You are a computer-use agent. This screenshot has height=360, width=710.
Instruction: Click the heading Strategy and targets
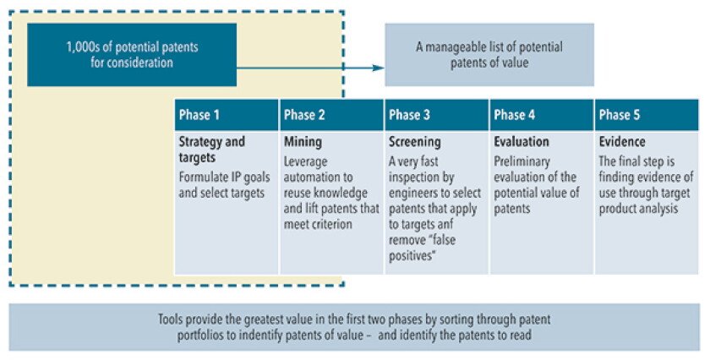coord(212,150)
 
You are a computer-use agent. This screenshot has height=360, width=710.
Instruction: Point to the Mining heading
coord(303,142)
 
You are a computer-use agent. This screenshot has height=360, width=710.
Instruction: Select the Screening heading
coord(415,142)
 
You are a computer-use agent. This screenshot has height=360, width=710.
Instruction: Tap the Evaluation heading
coord(522,142)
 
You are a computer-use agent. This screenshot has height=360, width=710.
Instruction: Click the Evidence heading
coord(622,142)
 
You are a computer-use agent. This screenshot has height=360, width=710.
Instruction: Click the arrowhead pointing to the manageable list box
coord(378,68)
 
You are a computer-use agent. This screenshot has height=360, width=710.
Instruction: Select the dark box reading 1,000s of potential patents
coord(132,55)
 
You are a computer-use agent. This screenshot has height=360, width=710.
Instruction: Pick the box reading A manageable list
coord(489,55)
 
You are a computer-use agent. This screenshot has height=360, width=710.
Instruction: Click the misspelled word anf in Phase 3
coord(444,224)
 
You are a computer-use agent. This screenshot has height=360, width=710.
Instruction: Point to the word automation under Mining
coord(318,177)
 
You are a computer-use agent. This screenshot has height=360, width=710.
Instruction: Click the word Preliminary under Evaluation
coord(522,161)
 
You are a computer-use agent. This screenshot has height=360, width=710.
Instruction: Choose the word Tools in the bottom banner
coord(170,319)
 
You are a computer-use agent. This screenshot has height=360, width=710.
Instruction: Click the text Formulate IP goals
coord(224,177)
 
